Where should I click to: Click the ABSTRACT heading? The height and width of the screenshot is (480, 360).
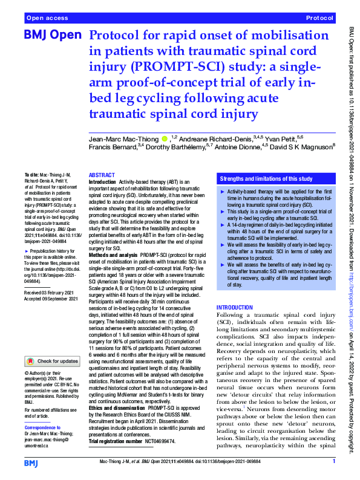(101, 174)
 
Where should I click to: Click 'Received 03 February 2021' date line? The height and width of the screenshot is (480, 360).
(51, 292)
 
